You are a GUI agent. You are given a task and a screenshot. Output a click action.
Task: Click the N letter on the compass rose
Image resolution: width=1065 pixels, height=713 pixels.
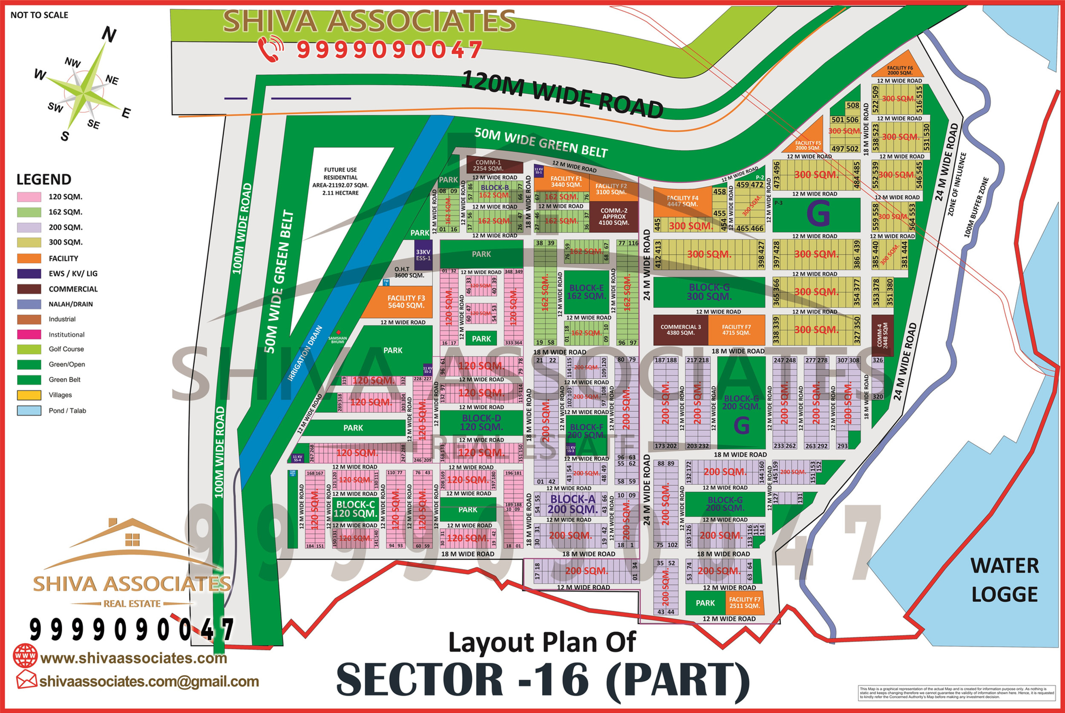(x=109, y=34)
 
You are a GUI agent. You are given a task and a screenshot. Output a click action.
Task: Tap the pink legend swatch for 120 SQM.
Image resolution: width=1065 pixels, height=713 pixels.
(x=29, y=197)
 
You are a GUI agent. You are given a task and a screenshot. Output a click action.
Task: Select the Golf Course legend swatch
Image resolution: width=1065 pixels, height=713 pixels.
(x=29, y=349)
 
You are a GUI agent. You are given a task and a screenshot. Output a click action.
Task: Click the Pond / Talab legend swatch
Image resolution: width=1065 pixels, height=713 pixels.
(x=29, y=411)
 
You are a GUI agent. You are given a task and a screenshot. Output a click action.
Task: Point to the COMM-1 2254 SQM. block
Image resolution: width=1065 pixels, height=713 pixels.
(x=494, y=165)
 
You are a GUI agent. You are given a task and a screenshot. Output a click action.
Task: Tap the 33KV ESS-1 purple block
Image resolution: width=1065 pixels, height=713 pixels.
(x=423, y=255)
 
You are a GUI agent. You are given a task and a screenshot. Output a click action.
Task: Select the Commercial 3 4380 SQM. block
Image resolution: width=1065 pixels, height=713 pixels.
(x=680, y=330)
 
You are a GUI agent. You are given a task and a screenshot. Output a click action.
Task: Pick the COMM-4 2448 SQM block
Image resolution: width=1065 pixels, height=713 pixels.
(x=882, y=336)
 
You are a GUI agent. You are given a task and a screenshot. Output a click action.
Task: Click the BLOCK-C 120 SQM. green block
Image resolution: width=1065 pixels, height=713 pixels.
(x=355, y=509)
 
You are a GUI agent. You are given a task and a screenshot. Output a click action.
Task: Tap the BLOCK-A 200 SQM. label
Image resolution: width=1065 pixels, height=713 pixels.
(x=573, y=504)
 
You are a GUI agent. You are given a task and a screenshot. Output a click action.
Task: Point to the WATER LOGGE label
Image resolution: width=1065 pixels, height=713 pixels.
(x=1005, y=580)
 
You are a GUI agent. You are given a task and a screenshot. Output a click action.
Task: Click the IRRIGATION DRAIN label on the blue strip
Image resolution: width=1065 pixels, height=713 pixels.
(x=305, y=353)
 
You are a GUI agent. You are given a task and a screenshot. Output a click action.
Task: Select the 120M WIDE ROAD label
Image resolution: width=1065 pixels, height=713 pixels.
(x=562, y=95)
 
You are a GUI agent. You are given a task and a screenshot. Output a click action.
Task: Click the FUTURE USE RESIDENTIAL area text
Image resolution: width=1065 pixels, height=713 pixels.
(x=340, y=181)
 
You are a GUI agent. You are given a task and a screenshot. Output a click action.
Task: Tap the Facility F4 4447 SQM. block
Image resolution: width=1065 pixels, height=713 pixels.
(x=682, y=201)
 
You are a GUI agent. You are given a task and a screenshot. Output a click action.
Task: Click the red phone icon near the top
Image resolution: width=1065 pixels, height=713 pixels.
(x=271, y=49)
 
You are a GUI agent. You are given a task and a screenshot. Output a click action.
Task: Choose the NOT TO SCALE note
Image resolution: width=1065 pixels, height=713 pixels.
(x=39, y=15)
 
